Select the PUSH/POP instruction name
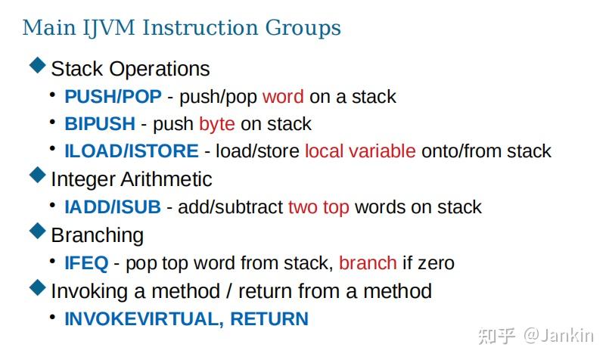(112, 97)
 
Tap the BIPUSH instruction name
(100, 124)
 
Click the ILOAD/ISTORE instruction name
(132, 151)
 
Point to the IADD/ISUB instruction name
(116, 207)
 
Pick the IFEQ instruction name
(87, 263)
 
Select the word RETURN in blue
(269, 319)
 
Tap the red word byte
(217, 124)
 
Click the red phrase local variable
(360, 151)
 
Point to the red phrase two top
(318, 207)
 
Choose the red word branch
(368, 263)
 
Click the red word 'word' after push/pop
(283, 97)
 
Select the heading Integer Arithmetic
(132, 179)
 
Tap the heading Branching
(97, 235)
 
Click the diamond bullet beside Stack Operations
(37, 67)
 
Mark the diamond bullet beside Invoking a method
(37, 289)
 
